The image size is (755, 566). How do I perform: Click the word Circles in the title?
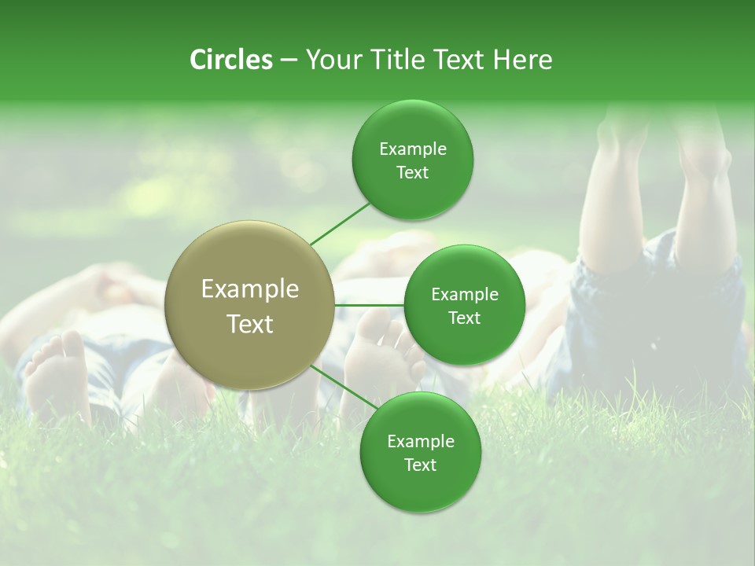[230, 60]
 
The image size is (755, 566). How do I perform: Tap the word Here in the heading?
[522, 60]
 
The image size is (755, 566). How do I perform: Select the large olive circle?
[250, 305]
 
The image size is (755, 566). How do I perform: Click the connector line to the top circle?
[339, 223]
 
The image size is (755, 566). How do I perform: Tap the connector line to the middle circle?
[370, 304]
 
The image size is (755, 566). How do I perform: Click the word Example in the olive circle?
[250, 289]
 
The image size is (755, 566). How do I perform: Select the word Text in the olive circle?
[250, 324]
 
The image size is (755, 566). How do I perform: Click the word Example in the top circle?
[412, 149]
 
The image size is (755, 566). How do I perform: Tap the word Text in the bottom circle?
[420, 465]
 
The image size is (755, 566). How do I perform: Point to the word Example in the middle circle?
[464, 294]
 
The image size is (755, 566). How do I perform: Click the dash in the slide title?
[289, 61]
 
